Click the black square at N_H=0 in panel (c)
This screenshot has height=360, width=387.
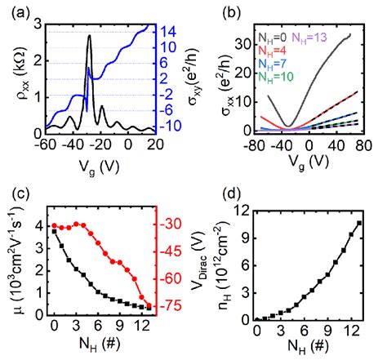pos(55,231)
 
